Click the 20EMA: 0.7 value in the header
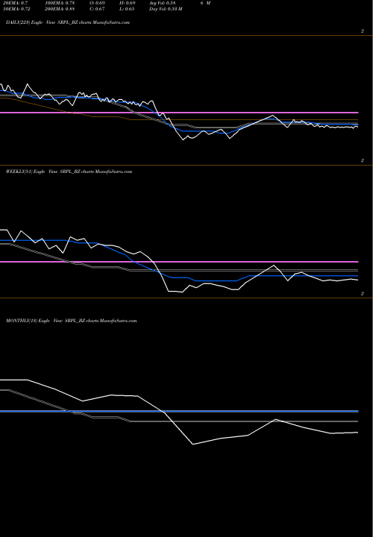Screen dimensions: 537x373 [x=16, y=4]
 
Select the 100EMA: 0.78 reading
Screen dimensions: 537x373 [x=60, y=4]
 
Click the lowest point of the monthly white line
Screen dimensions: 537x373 [x=193, y=445]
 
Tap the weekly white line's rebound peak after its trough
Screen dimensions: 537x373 [x=276, y=266]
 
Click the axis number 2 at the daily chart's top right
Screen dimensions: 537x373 [x=362, y=31]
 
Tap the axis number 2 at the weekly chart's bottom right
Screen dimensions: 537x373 [x=362, y=295]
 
